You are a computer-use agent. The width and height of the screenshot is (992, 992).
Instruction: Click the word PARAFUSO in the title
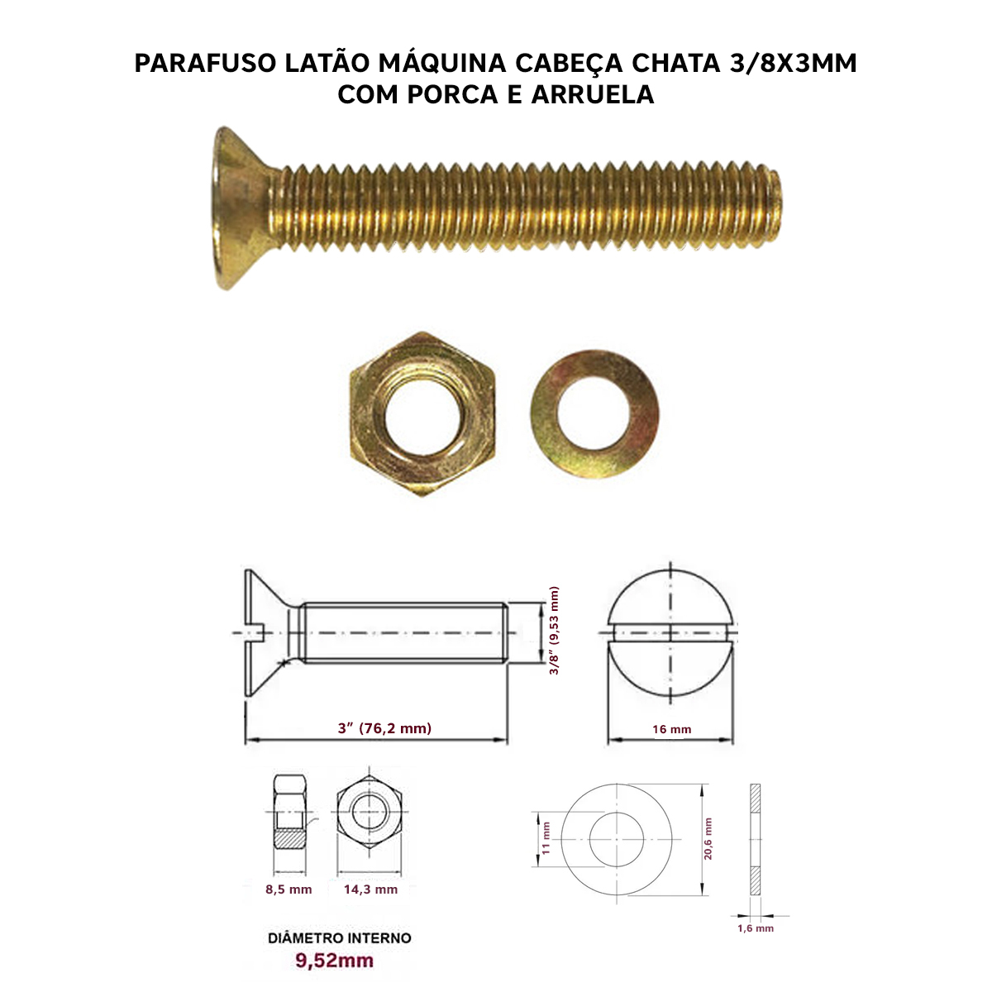click(205, 64)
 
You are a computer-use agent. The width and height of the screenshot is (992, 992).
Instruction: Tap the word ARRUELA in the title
click(593, 95)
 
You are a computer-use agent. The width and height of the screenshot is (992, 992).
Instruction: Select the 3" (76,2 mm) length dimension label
click(384, 728)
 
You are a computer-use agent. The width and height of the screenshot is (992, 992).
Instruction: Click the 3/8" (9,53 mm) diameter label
click(554, 631)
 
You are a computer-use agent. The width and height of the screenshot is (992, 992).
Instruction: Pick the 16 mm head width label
click(672, 729)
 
